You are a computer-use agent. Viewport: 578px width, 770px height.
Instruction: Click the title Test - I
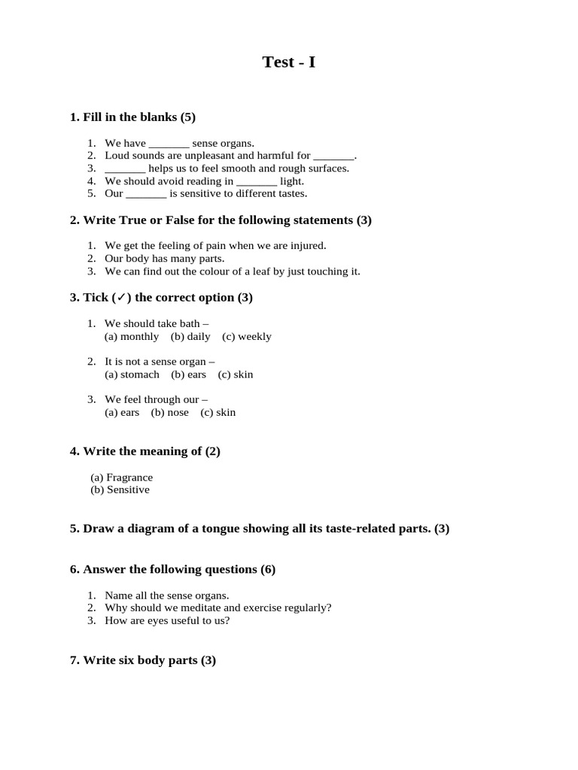coord(288,62)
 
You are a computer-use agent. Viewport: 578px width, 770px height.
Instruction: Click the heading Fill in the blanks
coord(132,117)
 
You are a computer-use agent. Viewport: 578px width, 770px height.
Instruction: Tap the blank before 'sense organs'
coord(169,143)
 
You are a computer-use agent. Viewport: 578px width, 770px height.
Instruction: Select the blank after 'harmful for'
coord(333,156)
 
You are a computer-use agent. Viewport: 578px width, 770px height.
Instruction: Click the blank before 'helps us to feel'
coord(125,168)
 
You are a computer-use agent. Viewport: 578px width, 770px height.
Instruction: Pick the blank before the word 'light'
coord(257,181)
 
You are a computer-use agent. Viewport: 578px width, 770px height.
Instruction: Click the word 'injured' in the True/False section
coord(309,246)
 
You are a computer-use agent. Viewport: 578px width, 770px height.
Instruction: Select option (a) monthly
coord(132,337)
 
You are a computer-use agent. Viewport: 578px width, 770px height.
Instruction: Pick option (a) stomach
coord(132,374)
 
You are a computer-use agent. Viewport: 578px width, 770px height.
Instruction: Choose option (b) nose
coord(170,413)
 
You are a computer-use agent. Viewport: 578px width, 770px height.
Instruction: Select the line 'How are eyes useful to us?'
coord(167,620)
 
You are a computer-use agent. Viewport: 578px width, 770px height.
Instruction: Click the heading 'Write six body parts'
coord(142,661)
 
